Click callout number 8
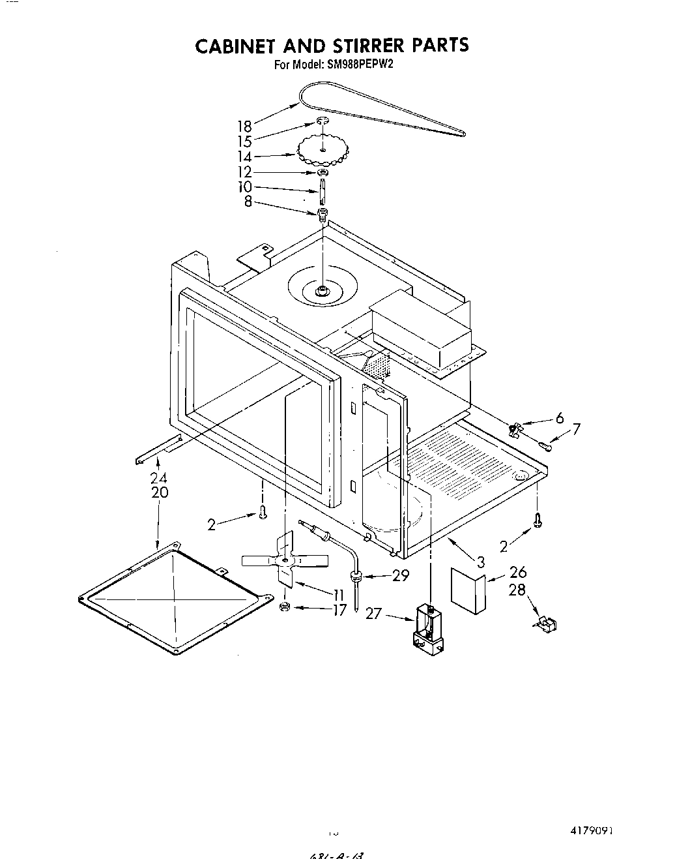[248, 202]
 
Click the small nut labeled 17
[284, 607]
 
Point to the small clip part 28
[546, 625]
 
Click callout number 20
[159, 492]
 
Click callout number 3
[480, 560]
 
